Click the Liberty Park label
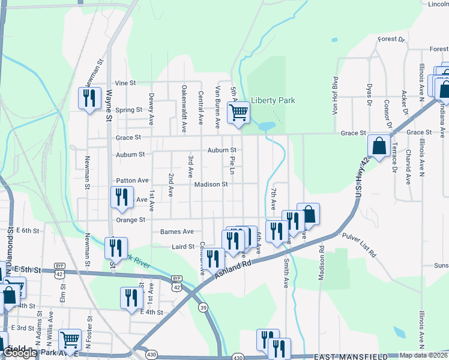click(273, 101)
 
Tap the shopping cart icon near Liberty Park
click(238, 112)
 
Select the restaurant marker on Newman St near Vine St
click(89, 97)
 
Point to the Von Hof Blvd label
click(336, 96)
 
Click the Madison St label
click(211, 185)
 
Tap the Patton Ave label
click(132, 180)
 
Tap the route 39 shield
click(204, 308)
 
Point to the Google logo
click(20, 353)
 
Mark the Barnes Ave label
click(176, 232)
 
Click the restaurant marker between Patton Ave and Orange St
click(121, 198)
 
